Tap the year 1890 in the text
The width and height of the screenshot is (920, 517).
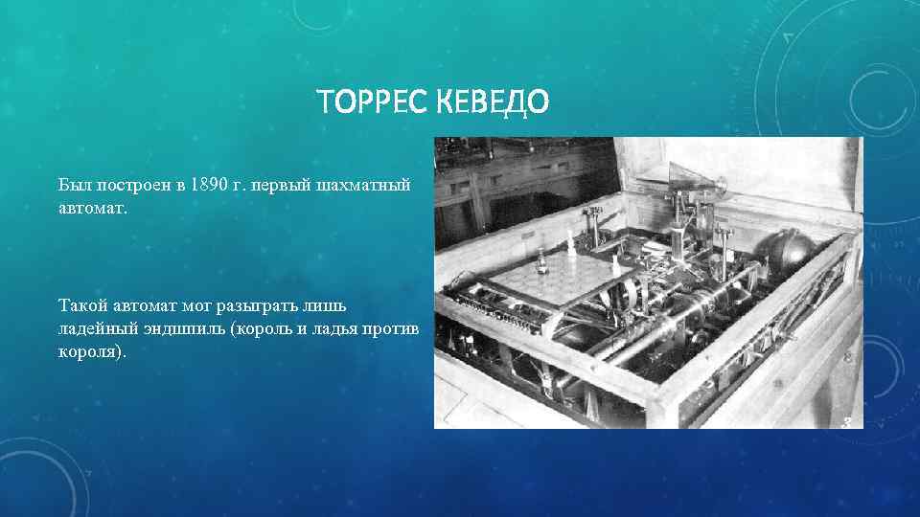point(209,183)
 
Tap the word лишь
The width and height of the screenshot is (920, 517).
point(329,306)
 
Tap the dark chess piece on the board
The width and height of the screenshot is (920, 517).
point(542,259)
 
